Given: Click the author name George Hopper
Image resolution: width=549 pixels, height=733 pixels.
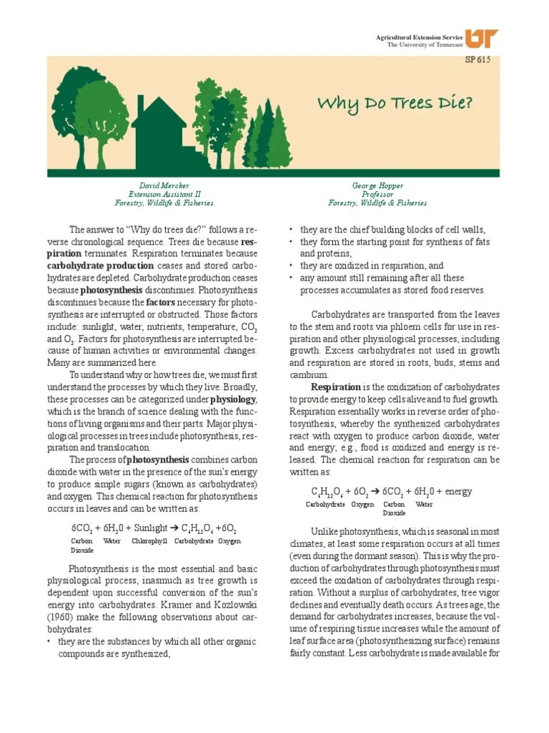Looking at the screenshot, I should [x=377, y=185].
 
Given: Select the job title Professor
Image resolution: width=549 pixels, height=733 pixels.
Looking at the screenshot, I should [x=377, y=194].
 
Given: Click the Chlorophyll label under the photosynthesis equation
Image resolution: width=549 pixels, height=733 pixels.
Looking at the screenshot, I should [x=149, y=541].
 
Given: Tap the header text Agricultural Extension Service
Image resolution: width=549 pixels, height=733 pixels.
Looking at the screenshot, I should [x=419, y=37].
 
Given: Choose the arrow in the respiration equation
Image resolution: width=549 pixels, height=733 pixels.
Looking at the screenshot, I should [x=375, y=492].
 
